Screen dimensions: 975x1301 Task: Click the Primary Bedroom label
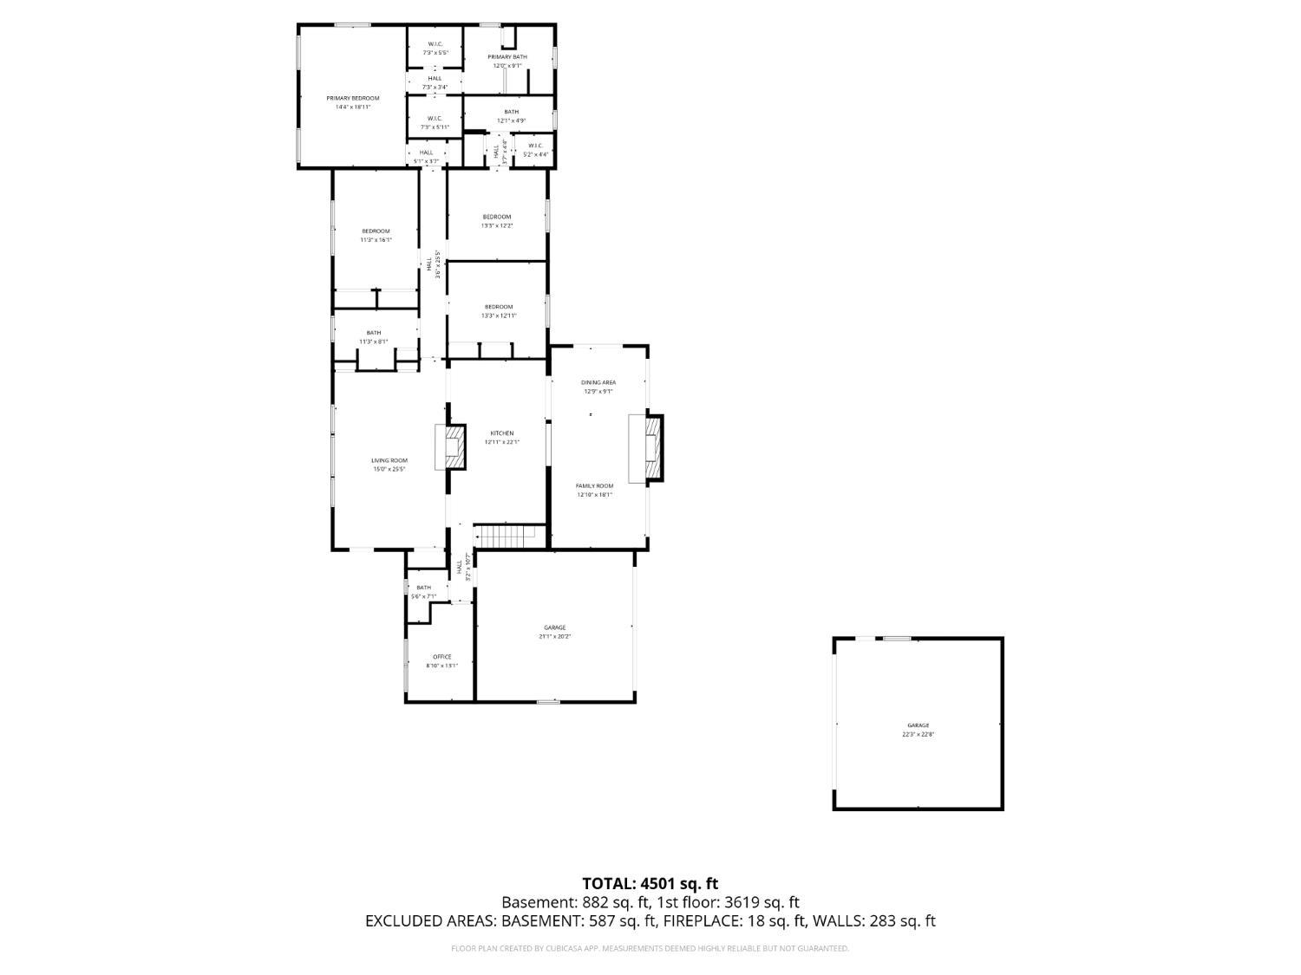pos(353,99)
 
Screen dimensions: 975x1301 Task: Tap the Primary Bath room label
pos(507,57)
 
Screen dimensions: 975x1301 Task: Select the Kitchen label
pos(502,433)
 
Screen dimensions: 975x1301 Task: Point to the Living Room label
pos(389,461)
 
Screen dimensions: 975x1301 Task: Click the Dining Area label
pos(598,382)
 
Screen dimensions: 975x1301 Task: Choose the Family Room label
pos(595,486)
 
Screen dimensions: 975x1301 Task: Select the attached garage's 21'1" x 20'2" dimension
pos(555,636)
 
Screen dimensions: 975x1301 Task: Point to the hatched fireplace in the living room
pos(453,445)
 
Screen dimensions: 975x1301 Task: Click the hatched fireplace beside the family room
pos(652,447)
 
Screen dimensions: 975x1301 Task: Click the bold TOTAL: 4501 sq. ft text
pos(650,884)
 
